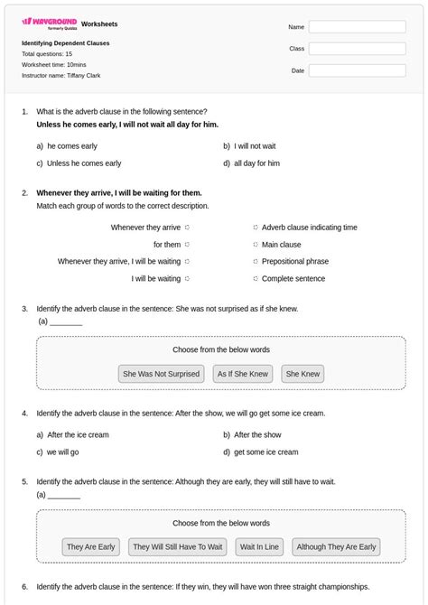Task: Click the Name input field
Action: [x=357, y=27]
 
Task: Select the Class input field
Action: [x=357, y=49]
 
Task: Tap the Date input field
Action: [x=357, y=70]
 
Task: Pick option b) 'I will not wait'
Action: [x=255, y=145]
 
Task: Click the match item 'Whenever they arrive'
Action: [x=146, y=228]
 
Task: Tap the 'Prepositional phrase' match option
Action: [x=294, y=262]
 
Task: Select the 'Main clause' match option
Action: [x=281, y=245]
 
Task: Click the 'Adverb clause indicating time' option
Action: [x=309, y=228]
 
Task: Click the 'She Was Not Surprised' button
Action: [x=161, y=374]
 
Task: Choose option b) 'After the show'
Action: [x=257, y=435]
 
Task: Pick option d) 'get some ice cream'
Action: [x=265, y=452]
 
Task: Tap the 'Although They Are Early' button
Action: [x=336, y=547]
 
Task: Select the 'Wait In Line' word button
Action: [x=259, y=547]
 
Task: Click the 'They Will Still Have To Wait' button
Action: [x=177, y=547]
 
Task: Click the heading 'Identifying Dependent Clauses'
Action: [x=66, y=43]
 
